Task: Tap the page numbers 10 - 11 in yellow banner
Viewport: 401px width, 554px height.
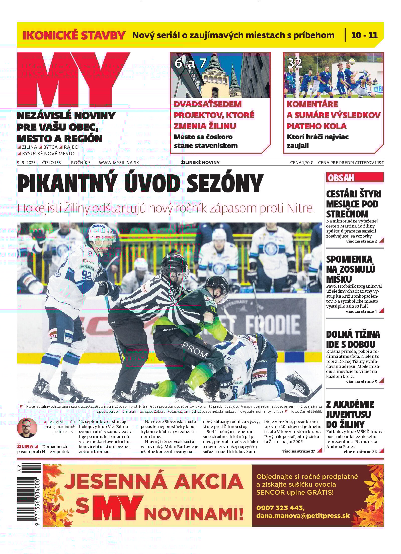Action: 364,35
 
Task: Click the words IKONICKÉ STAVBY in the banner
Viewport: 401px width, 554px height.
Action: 74,35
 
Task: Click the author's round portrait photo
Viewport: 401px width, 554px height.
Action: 27,428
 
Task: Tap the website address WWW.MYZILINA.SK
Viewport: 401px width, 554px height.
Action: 119,163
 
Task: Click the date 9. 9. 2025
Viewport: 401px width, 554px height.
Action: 26,163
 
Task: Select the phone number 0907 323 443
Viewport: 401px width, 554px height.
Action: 280,508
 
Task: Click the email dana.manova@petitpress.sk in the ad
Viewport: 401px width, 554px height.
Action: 303,516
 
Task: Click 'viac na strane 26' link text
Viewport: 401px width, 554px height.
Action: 360,452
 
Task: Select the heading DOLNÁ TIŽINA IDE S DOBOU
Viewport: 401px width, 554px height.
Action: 353,339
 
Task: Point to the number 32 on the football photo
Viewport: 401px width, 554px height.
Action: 295,63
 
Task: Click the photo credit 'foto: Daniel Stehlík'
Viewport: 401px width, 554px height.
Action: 306,411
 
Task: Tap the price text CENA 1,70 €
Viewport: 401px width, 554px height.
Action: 301,163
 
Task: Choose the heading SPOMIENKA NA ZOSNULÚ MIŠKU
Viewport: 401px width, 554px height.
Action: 350,269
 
